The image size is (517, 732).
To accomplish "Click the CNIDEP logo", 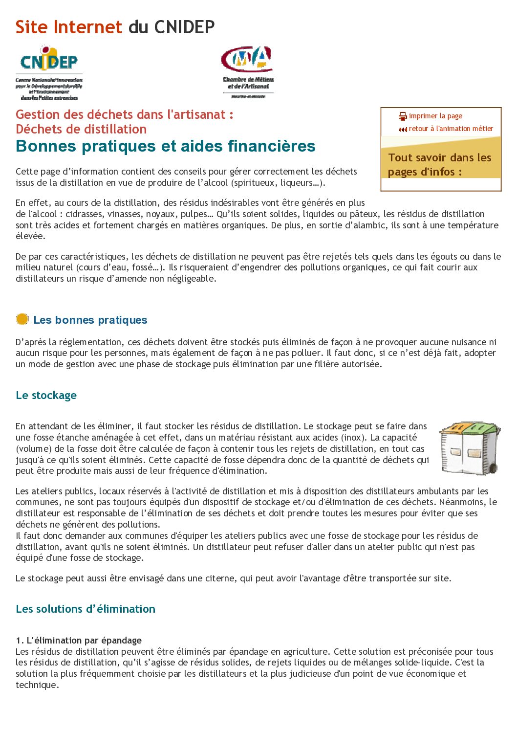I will [x=49, y=72].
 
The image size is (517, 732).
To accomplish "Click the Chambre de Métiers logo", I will [x=248, y=71].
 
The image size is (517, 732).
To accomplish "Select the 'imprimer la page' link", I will [x=435, y=116].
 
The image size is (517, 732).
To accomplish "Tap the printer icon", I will [x=403, y=116].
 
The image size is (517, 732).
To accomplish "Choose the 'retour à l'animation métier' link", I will [x=451, y=129].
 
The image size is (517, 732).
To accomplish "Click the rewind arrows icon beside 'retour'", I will [x=403, y=129].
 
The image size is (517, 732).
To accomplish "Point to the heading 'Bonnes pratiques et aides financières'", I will [x=165, y=146].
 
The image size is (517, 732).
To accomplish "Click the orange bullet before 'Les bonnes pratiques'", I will [x=22, y=319].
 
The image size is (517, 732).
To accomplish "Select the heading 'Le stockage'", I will [x=46, y=395].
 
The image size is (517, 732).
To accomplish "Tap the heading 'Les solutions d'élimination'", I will [x=86, y=609].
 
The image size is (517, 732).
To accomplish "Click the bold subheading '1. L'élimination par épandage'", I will [x=79, y=640].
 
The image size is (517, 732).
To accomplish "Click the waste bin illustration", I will [x=469, y=447].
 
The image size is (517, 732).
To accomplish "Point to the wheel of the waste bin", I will [x=493, y=468].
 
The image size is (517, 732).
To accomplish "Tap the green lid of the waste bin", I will [x=481, y=428].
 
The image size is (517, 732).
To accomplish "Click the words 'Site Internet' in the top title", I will [x=68, y=27].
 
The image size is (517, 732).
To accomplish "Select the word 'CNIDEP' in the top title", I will [x=184, y=27].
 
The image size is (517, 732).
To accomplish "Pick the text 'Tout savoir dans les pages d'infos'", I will [x=439, y=164].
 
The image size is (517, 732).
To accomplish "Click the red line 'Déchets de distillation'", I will [x=81, y=129].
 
